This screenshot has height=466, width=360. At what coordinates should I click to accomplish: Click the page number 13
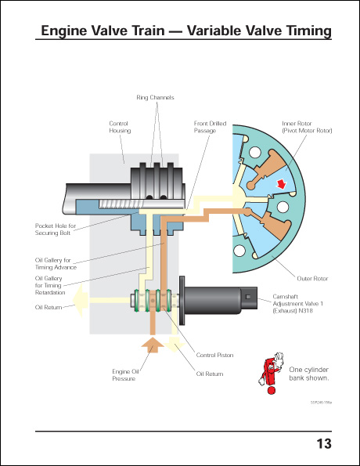(323, 444)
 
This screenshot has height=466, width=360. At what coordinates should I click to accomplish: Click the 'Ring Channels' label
(156, 97)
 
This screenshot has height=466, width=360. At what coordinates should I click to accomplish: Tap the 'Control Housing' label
(120, 127)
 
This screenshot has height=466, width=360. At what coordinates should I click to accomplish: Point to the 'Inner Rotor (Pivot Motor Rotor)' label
(307, 127)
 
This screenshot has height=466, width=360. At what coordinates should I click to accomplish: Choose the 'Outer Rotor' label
(311, 277)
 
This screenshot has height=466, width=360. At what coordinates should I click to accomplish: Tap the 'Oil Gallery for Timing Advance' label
(53, 263)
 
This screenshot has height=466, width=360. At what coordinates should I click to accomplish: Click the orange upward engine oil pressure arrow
(153, 344)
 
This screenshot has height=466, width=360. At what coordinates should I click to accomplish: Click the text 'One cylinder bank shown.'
(308, 373)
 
